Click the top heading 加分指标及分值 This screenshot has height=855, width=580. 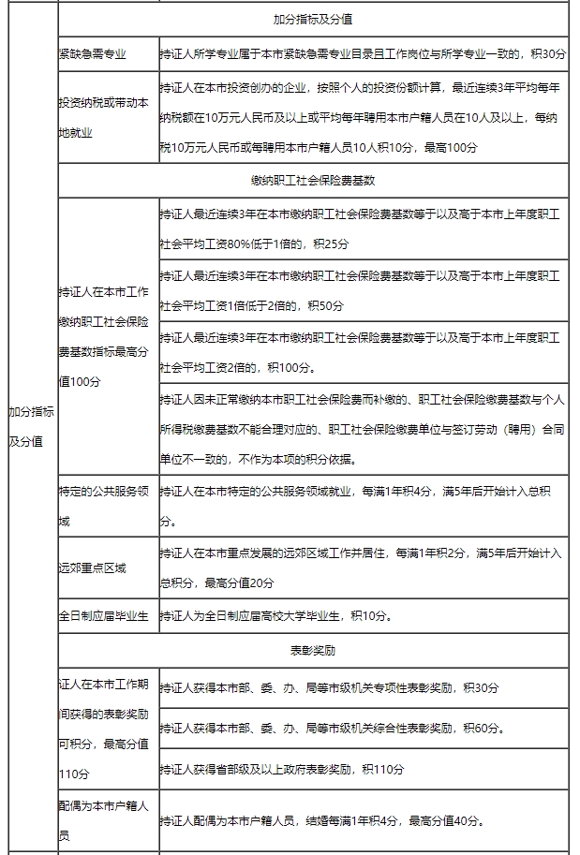coord(314,19)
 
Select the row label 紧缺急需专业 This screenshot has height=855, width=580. coord(92,55)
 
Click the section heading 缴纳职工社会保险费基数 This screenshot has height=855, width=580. coord(314,179)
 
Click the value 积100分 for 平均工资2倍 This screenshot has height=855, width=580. coord(292,367)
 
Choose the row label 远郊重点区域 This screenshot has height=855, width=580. coord(92,568)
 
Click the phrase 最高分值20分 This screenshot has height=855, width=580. coord(239,582)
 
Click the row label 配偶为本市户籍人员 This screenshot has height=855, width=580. coord(103,820)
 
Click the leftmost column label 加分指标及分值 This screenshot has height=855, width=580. coord(31,426)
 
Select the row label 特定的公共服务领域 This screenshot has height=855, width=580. coord(103,506)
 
